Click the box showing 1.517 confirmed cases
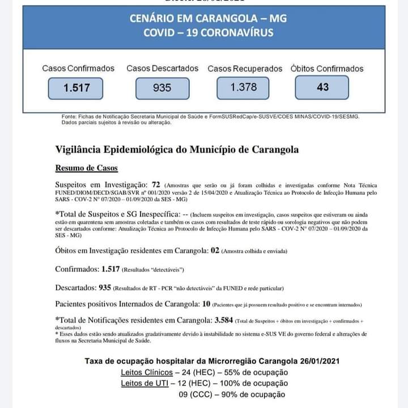pos(76,88)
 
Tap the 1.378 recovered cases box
pos(243,87)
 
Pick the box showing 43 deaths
pos(322,87)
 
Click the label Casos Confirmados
pos(78,69)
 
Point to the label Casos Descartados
pos(163,69)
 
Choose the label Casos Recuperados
pos(245,69)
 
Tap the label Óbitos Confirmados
pos(327,69)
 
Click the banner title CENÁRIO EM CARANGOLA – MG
pos(208,19)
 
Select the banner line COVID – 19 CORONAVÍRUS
pos(208,32)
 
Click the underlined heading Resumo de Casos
pos(87,168)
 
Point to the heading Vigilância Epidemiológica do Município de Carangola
pos(177,150)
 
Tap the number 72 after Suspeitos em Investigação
pos(156,185)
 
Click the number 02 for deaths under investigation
pos(214,250)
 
